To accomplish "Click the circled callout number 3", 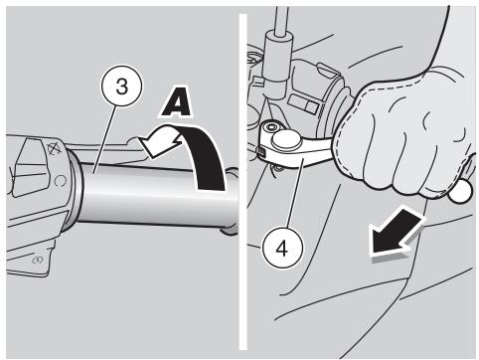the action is coord(121,87).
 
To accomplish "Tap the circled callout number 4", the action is coord(282,248).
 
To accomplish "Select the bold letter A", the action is coord(176,101).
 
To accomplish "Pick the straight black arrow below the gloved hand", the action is coord(397,232).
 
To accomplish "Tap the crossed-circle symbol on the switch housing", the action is coord(53,149).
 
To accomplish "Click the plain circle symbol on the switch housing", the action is coord(60,181).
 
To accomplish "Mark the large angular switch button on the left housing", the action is coord(32,161).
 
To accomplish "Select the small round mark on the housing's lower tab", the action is coord(37,261).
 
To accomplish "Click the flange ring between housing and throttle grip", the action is coord(74,190).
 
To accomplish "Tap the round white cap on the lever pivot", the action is coord(286,139).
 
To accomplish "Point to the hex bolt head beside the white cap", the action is coord(272,126).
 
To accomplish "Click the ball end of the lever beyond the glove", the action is coord(461,192).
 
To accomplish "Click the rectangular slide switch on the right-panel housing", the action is coord(303,104).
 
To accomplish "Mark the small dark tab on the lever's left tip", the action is coord(260,152).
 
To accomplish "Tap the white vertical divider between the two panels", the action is coord(243,182).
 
